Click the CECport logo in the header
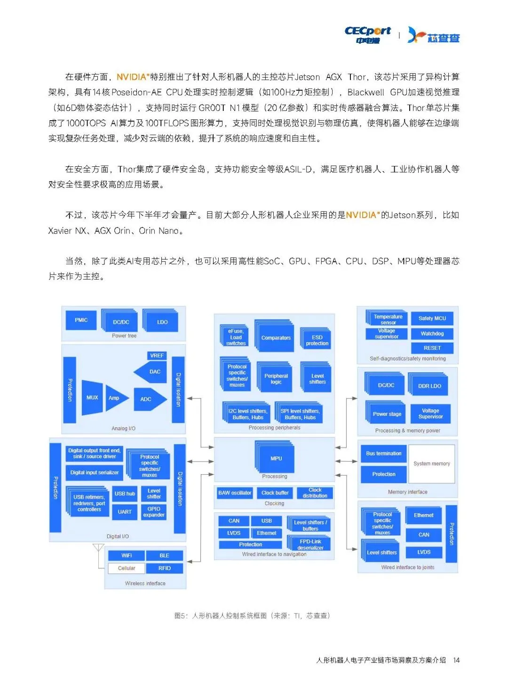pos(367,35)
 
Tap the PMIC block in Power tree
pos(81,320)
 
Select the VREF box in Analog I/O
pos(157,356)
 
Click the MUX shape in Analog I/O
pos(92,398)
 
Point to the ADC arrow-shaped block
pos(149,399)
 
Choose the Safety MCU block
pos(432,318)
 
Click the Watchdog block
pos(432,334)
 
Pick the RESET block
pos(432,348)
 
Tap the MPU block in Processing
pos(276,458)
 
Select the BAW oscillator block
pos(235,493)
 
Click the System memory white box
pos(431,464)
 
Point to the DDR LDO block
pos(429,386)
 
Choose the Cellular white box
pos(126,568)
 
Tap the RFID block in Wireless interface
pos(164,568)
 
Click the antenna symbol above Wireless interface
pos(98,548)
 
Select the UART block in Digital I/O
pos(125,512)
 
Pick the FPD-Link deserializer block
pos(310,544)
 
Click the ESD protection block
pos(317,340)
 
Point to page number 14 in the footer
pos(456,660)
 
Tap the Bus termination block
pos(383,454)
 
